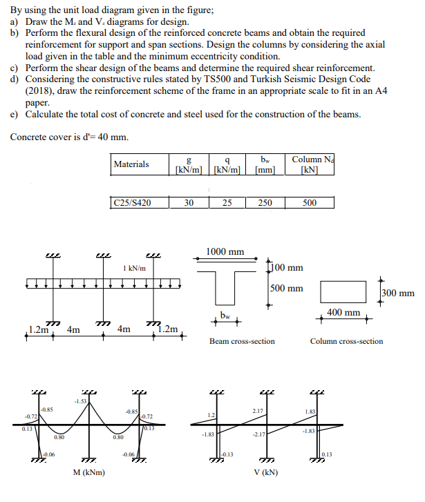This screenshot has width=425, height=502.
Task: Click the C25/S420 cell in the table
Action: (131, 203)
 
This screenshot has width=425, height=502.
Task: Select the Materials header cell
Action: (131, 164)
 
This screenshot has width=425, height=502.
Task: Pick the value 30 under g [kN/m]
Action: (189, 203)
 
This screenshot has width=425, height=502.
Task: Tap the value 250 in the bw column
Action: (265, 203)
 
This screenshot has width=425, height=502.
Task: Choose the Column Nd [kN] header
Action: (310, 164)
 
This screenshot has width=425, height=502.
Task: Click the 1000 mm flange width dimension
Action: (225, 252)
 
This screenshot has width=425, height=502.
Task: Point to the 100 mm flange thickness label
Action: (286, 268)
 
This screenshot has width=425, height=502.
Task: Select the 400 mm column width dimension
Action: (343, 313)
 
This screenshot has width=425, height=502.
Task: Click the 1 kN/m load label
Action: (134, 268)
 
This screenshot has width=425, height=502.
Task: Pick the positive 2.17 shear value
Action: (258, 411)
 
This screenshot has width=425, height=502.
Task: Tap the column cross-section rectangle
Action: (343, 291)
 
